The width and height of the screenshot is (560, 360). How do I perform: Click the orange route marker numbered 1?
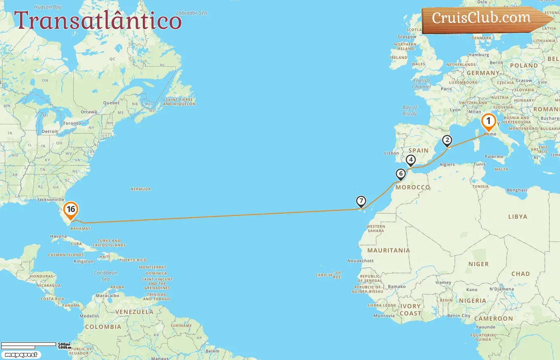[488, 121]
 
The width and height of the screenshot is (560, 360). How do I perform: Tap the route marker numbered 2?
[447, 140]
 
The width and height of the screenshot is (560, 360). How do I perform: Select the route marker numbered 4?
[410, 160]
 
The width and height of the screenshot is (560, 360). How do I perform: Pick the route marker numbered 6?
[400, 174]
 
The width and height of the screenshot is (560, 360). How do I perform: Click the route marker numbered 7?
[361, 201]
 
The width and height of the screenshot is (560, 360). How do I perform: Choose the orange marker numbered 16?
[71, 210]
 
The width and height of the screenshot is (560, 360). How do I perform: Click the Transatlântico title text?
[98, 20]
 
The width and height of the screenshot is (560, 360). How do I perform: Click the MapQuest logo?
[21, 355]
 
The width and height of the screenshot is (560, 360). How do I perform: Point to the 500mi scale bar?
[29, 344]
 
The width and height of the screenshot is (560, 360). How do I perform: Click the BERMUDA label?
[141, 189]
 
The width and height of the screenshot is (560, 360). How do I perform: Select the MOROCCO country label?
[413, 187]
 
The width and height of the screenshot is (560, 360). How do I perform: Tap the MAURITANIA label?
[388, 250]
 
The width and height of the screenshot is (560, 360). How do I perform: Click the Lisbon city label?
[391, 153]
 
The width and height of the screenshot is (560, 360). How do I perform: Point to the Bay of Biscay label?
[410, 110]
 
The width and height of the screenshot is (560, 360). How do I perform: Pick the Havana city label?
[58, 236]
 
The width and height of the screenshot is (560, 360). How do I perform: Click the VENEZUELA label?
[134, 312]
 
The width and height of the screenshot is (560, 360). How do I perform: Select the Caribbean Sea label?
[106, 276]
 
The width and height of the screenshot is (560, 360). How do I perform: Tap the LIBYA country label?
[518, 217]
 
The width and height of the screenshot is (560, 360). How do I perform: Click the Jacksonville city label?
[50, 200]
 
